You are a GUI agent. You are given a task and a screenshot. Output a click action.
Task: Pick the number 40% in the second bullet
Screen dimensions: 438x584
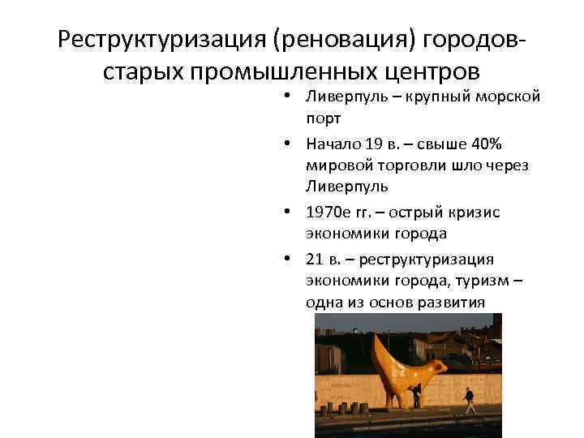pos(487,144)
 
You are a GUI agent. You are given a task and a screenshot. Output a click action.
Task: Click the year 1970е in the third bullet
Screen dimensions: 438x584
pos(327,212)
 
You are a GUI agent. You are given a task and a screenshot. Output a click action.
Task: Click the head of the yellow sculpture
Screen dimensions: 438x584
pos(439,366)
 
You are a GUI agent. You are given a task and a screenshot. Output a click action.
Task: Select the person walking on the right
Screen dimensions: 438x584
pos(468,400)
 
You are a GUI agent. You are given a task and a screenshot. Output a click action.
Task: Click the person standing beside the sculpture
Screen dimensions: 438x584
pos(417,395)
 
